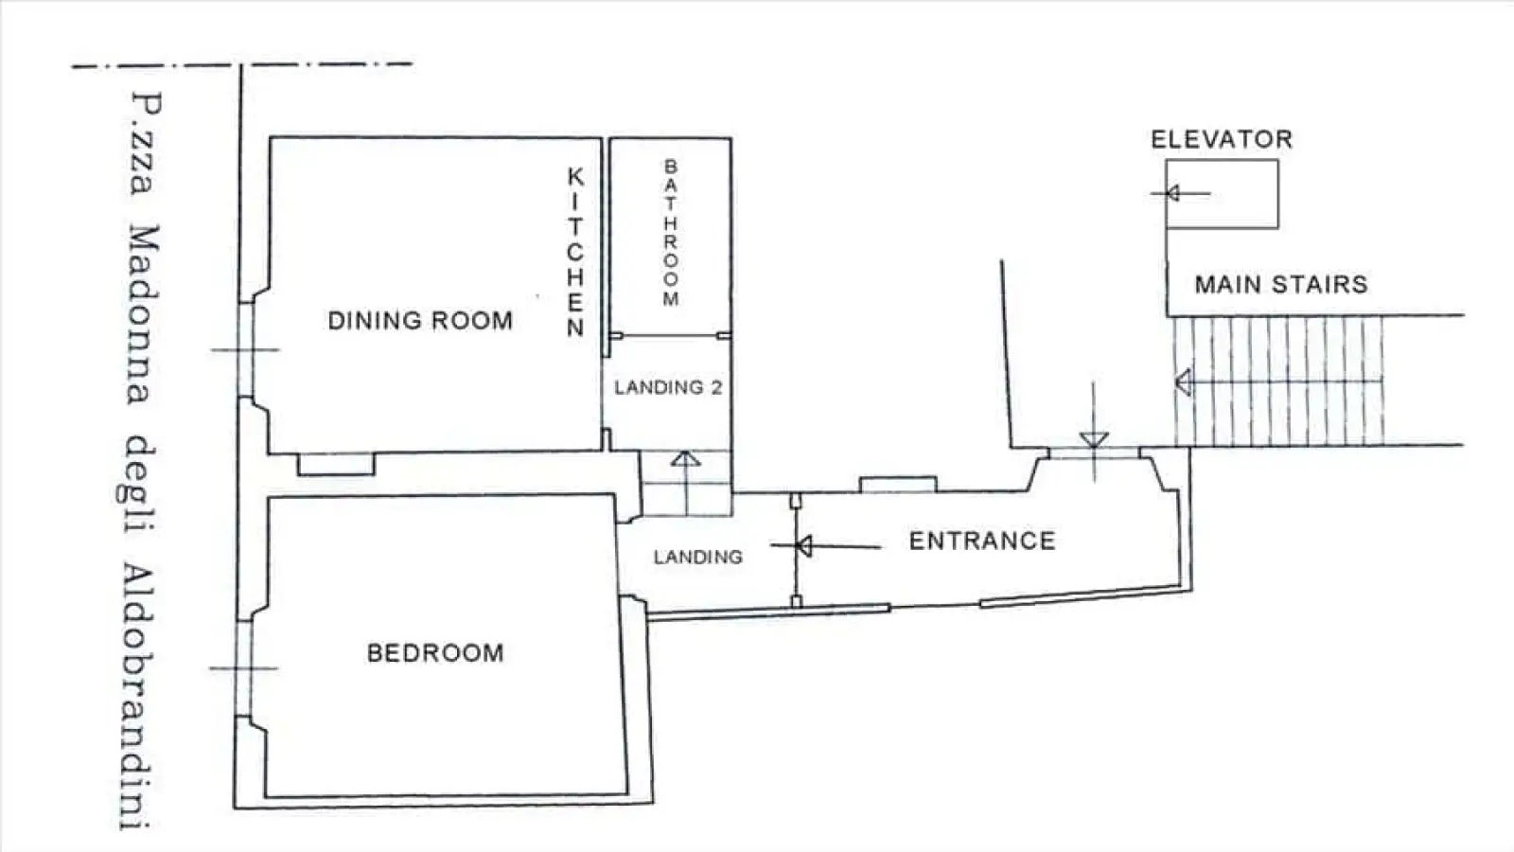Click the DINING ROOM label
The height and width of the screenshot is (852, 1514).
click(x=420, y=321)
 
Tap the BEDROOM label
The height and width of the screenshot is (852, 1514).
click(x=435, y=653)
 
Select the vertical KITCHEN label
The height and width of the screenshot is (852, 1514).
click(x=575, y=252)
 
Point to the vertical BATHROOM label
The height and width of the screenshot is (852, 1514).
click(x=671, y=233)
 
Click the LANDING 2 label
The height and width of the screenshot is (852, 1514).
click(x=668, y=387)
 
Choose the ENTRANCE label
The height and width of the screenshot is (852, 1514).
click(x=982, y=541)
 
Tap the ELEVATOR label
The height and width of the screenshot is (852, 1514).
click(x=1222, y=139)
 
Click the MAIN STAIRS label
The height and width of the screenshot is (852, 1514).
click(x=1281, y=284)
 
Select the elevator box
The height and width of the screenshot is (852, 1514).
click(x=1222, y=194)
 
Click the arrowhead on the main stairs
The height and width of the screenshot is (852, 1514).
click(x=1183, y=382)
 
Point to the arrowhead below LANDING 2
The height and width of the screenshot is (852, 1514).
click(x=686, y=459)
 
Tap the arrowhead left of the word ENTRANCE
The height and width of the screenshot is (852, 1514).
click(x=804, y=545)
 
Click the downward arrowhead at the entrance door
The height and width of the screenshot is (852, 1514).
click(x=1094, y=440)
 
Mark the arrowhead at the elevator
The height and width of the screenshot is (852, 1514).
click(x=1172, y=194)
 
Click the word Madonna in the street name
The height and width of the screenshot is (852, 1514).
click(x=142, y=314)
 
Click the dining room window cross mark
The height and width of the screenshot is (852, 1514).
click(x=245, y=349)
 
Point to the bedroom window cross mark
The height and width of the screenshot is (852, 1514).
click(x=244, y=668)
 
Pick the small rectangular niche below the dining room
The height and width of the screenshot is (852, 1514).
click(x=336, y=464)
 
